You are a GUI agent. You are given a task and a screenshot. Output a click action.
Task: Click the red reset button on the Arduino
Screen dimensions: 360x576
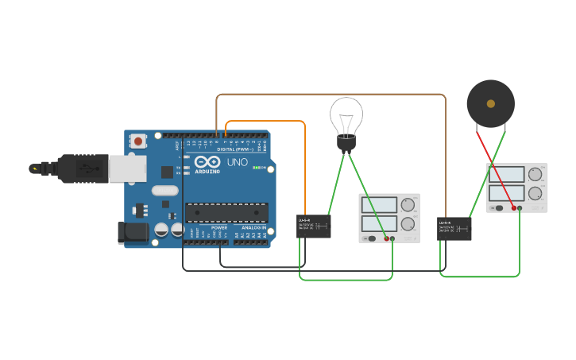(x=138, y=141)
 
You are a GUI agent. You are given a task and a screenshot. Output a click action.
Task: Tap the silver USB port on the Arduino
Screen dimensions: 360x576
(x=126, y=168)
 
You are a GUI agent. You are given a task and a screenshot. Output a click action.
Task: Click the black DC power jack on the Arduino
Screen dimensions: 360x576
(x=131, y=232)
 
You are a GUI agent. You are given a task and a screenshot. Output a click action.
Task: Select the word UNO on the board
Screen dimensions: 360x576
(x=237, y=162)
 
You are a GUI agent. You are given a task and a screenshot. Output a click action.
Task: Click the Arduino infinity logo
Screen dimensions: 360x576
(x=207, y=161)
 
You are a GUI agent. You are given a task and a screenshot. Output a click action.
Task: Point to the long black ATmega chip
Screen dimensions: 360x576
(x=226, y=212)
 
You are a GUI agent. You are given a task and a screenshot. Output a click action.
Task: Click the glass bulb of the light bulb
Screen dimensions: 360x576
(x=346, y=115)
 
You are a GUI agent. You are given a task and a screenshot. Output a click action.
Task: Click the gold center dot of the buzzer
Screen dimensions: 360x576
(x=491, y=103)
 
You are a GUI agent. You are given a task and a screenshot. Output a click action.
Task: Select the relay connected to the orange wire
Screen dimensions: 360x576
(x=314, y=226)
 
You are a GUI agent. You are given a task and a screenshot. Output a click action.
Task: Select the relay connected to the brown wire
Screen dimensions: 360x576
(x=454, y=229)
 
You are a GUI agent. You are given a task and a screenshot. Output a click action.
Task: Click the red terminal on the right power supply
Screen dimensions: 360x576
(x=514, y=208)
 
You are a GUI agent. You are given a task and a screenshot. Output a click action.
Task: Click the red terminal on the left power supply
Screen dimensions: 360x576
(x=387, y=238)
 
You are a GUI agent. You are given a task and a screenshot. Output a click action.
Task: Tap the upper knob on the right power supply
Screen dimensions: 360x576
(x=535, y=174)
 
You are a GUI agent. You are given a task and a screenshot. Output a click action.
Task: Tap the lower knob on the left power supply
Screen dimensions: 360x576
(x=408, y=223)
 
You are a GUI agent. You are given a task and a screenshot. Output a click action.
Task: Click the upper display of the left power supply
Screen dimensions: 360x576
(x=379, y=204)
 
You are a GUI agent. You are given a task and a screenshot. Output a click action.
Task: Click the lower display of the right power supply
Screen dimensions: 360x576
(x=506, y=193)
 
